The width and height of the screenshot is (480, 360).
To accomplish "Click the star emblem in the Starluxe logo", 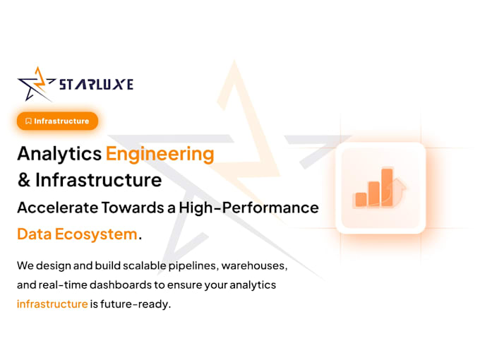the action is click(x=35, y=84).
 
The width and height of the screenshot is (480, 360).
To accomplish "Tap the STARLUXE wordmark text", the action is click(x=96, y=85).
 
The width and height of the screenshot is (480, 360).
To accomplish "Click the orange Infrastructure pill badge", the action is click(x=58, y=121).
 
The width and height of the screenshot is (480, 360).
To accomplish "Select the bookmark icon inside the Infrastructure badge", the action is click(x=28, y=121).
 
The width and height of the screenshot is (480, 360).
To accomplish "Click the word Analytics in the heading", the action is click(x=59, y=154).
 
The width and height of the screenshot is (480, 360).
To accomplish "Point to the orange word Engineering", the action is click(x=160, y=154).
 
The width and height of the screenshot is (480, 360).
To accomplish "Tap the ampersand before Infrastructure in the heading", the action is click(x=24, y=180).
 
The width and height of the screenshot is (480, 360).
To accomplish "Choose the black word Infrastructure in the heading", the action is click(x=99, y=180).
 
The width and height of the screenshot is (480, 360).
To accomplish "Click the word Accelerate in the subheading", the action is click(x=58, y=208).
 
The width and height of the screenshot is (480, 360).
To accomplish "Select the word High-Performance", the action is click(x=249, y=208).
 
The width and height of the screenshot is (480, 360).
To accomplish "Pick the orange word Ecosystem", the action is click(x=96, y=234).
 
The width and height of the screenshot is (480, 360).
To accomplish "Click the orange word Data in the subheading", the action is click(x=35, y=234).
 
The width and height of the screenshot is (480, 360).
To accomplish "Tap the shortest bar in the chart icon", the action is click(x=361, y=199).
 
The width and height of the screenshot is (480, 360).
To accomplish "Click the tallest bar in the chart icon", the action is click(x=388, y=187).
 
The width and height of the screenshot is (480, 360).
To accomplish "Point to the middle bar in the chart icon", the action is click(x=374, y=193).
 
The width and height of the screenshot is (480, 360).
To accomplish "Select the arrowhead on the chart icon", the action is click(x=400, y=184).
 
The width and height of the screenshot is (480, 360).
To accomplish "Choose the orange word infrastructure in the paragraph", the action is click(x=52, y=304).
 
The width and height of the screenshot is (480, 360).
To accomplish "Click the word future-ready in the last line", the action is click(x=136, y=305).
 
